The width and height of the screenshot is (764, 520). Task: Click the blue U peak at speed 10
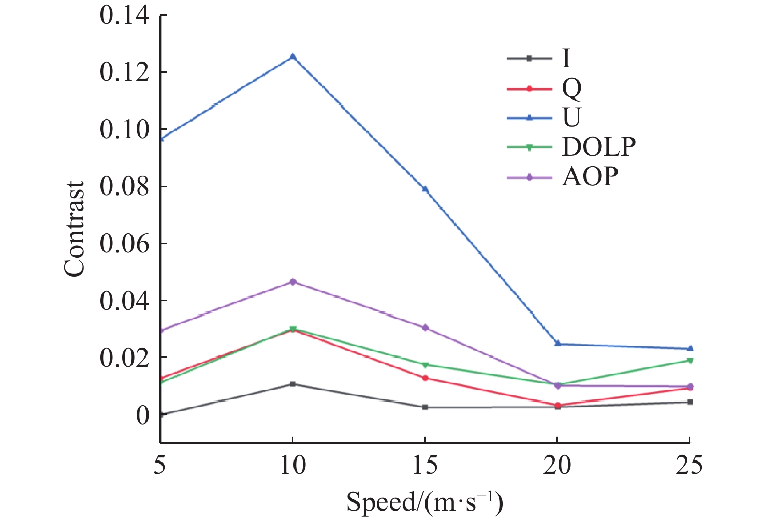tap(293, 56)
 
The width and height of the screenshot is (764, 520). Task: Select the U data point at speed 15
tap(425, 189)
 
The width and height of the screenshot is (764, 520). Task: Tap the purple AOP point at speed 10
tap(293, 281)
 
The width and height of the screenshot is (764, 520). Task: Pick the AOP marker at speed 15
tap(425, 328)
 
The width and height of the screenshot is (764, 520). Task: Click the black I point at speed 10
tap(293, 384)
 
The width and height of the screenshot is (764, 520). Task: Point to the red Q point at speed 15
tap(425, 378)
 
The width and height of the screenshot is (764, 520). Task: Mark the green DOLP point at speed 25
tap(690, 360)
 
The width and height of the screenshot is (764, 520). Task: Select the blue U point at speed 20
tap(557, 344)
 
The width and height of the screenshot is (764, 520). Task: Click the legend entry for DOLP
tap(599, 147)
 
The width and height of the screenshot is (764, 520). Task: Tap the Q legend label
tap(571, 89)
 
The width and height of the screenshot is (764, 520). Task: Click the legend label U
tap(571, 118)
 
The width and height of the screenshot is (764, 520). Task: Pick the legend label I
tap(566, 58)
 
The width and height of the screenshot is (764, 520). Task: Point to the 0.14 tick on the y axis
tap(124, 16)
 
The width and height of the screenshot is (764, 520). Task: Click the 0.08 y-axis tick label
tap(124, 186)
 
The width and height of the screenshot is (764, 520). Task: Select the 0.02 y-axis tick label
tap(124, 358)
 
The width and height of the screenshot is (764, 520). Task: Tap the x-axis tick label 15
tap(425, 465)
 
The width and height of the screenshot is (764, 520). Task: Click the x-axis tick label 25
tap(690, 465)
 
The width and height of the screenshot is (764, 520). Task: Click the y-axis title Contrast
tap(75, 229)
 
